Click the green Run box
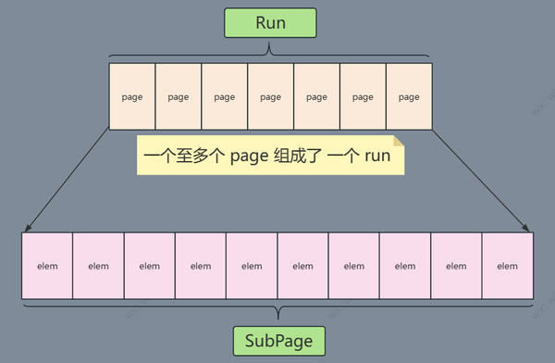tap(270, 23)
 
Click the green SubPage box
tap(278, 341)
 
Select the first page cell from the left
tap(132, 95)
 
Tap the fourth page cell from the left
tap(270, 95)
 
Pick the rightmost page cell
tap(409, 95)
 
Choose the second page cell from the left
tap(179, 95)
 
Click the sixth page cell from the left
tap(363, 95)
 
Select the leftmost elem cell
tap(47, 266)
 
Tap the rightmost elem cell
tap(508, 266)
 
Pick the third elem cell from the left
tap(150, 266)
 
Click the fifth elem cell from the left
tap(252, 266)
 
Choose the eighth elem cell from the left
tap(405, 266)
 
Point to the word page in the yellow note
tap(247, 156)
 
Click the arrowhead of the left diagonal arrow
tap(26, 230)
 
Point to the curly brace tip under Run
tap(270, 45)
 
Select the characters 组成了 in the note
tap(298, 156)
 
